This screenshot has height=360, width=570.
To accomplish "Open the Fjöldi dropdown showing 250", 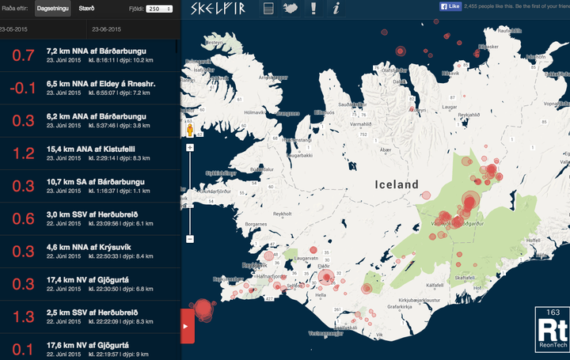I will (x=159, y=9).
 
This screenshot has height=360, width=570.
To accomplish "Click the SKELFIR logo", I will (x=221, y=9).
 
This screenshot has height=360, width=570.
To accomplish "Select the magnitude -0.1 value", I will (x=24, y=88).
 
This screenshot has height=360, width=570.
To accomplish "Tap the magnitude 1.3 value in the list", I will (x=25, y=317).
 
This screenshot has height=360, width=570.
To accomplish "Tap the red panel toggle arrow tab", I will (x=188, y=325).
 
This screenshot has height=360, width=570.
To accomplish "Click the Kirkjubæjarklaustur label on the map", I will (x=420, y=301).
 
